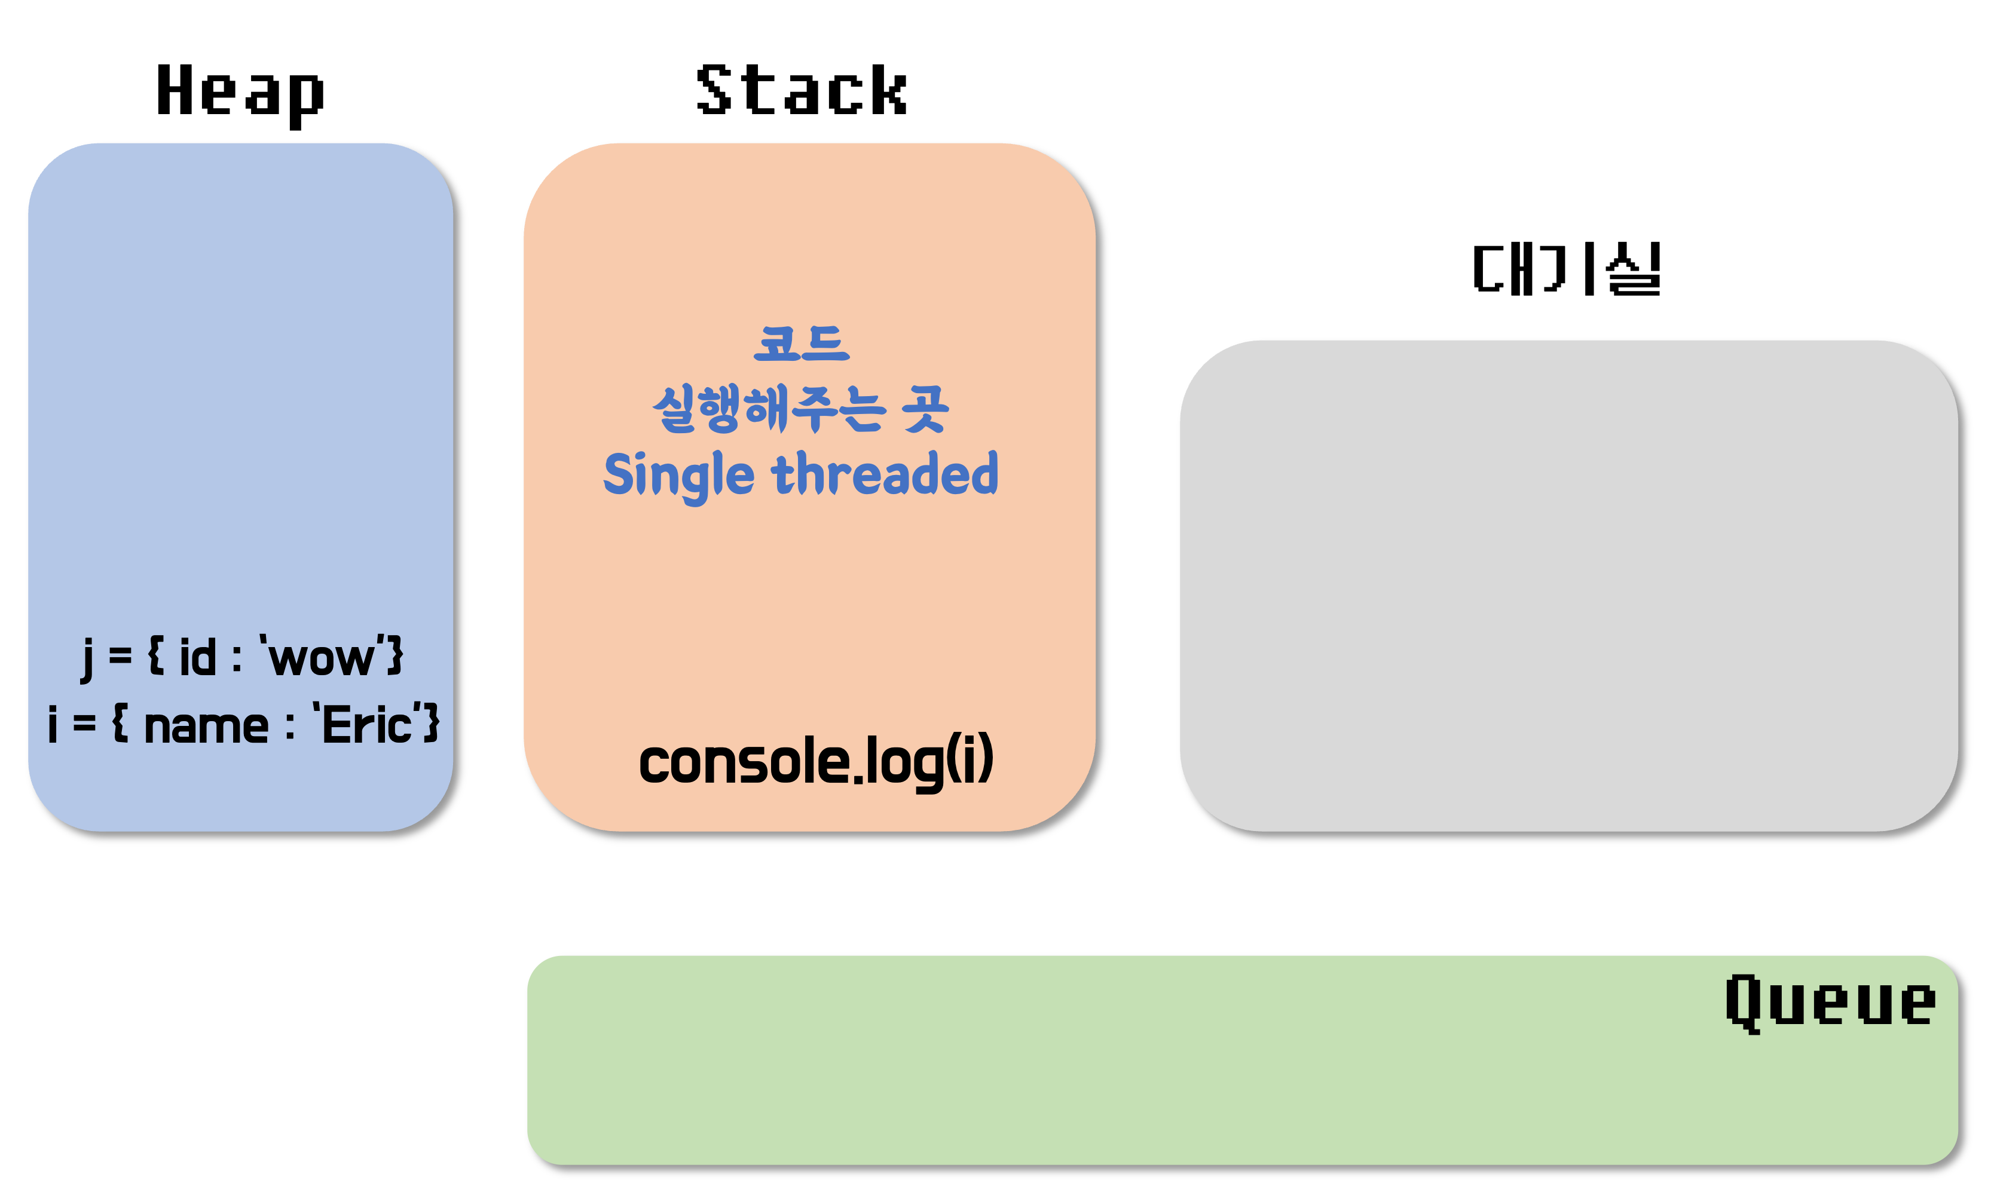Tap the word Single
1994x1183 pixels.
pyautogui.click(x=678, y=475)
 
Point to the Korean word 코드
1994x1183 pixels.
pyautogui.click(x=802, y=344)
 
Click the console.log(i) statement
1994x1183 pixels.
pyautogui.click(x=816, y=762)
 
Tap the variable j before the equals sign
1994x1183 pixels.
pyautogui.click(x=87, y=658)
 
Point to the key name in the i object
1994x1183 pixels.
pyautogui.click(x=206, y=726)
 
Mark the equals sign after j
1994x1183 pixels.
pyautogui.click(x=120, y=657)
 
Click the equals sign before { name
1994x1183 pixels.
pyautogui.click(x=84, y=725)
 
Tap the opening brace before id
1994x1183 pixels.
pyautogui.click(x=156, y=657)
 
